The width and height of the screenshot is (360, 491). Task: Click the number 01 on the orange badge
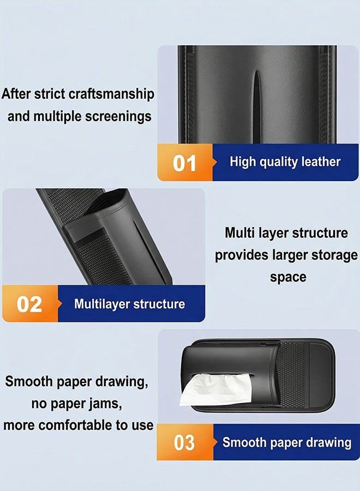[184, 163]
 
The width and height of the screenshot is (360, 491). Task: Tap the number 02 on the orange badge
[29, 304]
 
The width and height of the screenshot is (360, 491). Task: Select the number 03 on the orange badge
[184, 442]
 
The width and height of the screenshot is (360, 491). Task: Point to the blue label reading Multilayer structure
[130, 304]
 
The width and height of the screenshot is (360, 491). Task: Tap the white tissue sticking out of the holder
[216, 388]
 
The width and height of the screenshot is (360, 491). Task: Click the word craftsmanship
[111, 94]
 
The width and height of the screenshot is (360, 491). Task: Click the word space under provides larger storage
[288, 278]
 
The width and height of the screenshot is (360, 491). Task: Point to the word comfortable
[75, 425]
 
